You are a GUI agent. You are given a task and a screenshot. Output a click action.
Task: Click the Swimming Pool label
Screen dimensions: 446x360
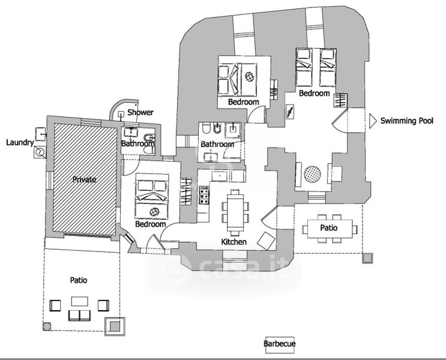[407, 121]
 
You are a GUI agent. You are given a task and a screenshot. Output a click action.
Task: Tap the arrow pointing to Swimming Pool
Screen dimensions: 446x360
[373, 121]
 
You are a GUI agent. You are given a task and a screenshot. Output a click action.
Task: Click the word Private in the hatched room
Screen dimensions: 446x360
[84, 179]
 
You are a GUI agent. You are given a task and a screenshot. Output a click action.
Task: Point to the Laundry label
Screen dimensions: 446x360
[20, 142]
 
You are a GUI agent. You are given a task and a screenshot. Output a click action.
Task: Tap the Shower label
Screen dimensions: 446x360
[140, 112]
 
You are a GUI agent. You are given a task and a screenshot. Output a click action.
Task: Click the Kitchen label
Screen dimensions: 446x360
[234, 242]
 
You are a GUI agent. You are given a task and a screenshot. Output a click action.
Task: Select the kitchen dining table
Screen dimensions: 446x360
[235, 213]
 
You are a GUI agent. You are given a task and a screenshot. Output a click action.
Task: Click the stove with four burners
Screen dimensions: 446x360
[204, 196]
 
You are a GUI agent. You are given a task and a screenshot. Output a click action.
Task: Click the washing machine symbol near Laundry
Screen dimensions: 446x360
[40, 152]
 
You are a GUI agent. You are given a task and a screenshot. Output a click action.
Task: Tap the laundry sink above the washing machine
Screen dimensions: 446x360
[40, 134]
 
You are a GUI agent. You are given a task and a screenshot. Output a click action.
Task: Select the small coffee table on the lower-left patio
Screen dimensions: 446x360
[80, 301]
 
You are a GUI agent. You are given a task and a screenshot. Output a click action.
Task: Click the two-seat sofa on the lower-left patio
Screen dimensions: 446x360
[80, 316]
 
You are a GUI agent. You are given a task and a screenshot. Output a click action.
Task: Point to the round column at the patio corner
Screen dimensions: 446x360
[47, 326]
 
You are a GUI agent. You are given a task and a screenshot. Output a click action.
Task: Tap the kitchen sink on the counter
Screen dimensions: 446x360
[220, 176]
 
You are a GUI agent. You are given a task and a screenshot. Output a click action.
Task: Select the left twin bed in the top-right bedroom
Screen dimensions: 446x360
[304, 67]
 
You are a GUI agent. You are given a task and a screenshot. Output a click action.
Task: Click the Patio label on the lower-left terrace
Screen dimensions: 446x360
[79, 280]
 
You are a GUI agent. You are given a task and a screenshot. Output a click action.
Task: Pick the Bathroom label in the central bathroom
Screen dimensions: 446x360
[217, 144]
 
